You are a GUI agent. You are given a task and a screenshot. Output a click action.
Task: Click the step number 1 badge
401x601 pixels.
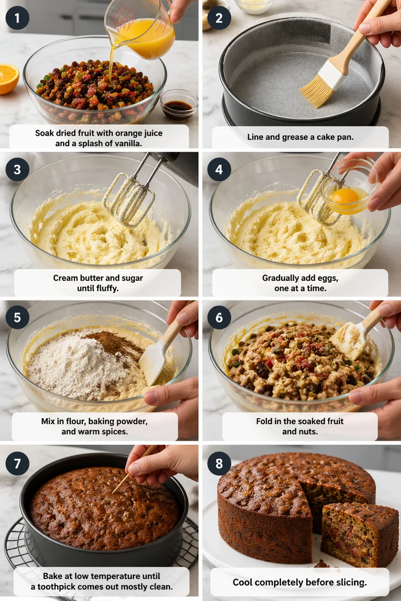click(17, 18)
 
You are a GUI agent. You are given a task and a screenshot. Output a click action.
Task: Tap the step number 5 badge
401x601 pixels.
click(17, 317)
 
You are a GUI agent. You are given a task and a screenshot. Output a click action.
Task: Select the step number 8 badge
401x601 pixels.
click(219, 463)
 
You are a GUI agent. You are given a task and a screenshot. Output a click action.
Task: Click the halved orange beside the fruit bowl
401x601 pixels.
click(9, 79)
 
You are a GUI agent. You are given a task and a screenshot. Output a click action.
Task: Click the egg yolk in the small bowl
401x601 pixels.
click(345, 196)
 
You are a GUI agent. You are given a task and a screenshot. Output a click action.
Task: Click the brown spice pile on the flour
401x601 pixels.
click(115, 344)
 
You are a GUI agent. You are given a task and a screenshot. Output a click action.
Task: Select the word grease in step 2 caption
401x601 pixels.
click(295, 137)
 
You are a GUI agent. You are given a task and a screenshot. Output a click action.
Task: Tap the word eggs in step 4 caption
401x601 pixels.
click(328, 278)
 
